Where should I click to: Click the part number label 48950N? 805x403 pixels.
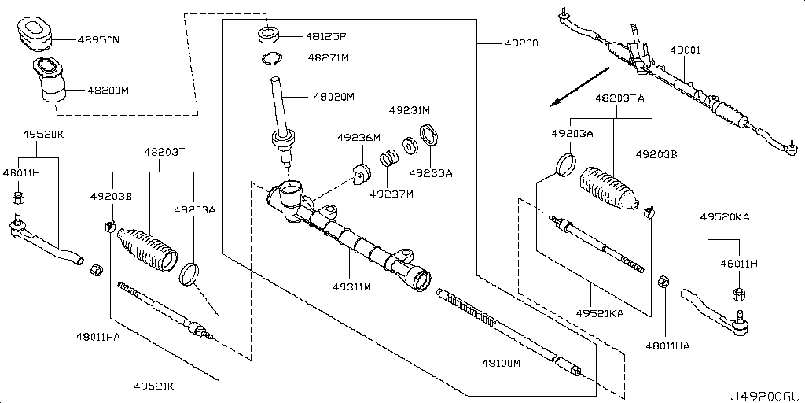point(99,38)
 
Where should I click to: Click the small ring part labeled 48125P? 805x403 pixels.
point(268,35)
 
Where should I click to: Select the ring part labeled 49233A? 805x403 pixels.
point(430,136)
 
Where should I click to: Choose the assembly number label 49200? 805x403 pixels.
point(517,43)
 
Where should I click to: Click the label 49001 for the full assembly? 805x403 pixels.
point(686,50)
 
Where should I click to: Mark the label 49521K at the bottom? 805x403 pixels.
point(154,386)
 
